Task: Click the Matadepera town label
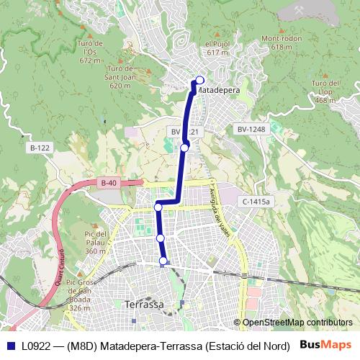tap(218, 90)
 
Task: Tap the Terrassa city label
tap(144, 305)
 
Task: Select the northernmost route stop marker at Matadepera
tap(199, 80)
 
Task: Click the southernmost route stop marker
tap(163, 261)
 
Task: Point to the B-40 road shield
tap(108, 184)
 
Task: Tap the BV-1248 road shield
tap(251, 130)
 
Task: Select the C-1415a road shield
tap(256, 202)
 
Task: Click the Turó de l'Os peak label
tap(90, 51)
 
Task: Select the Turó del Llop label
tap(325, 91)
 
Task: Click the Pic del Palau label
tap(95, 242)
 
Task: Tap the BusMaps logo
tap(325, 345)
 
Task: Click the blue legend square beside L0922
tap(11, 346)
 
